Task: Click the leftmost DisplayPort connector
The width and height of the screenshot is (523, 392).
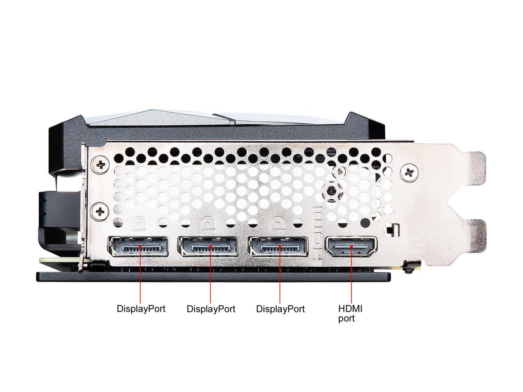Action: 138,247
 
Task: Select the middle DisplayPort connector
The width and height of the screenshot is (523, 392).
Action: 208,247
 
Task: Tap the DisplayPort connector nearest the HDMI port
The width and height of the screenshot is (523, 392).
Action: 278,247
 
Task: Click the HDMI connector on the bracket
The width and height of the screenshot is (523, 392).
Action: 351,246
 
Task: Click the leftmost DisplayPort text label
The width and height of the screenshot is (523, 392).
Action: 141,309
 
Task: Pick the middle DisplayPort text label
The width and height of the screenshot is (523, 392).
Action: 211,309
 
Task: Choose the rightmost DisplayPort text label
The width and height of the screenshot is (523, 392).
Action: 280,309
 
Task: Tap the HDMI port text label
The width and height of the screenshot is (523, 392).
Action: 350,313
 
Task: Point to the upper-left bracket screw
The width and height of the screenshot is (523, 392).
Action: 101,165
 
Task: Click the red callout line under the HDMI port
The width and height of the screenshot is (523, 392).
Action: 351,278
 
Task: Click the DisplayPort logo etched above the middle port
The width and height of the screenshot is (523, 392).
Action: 208,223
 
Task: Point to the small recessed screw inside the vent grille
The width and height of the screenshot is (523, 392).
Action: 333,190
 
